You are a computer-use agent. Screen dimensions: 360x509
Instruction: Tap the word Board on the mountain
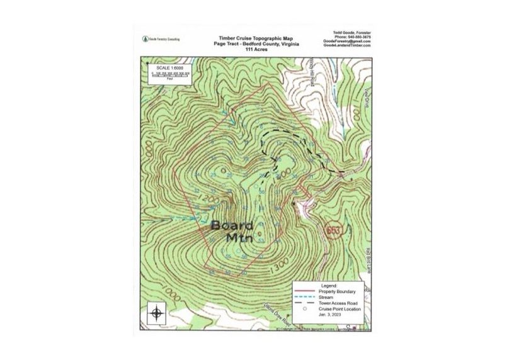(232, 225)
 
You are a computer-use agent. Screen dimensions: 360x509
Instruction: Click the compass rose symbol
(157, 312)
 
